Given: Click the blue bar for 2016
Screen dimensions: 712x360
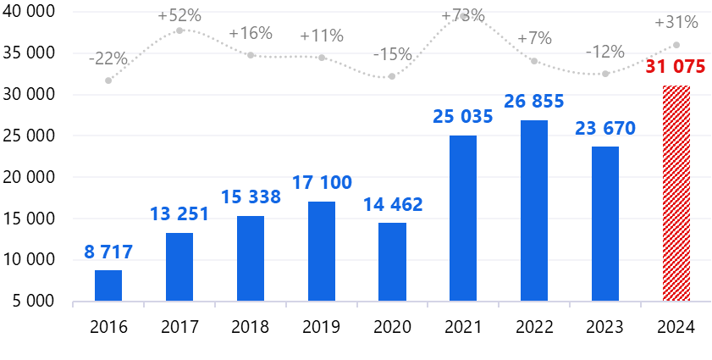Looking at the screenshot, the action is point(108,285).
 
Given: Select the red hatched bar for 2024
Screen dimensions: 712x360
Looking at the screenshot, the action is point(676,193).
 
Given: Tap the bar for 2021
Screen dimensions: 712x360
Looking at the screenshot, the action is point(463,219).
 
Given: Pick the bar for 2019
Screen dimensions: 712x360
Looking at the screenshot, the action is point(322,252).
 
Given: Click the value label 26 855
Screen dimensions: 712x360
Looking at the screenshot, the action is point(534,101).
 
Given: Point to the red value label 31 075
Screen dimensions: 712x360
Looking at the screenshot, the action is point(676,67).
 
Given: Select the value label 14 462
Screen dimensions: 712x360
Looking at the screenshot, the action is point(393,204).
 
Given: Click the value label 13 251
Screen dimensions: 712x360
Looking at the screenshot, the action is point(179,214).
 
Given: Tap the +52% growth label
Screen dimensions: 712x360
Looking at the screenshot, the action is point(179,16).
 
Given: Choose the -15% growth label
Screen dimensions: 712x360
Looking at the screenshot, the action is point(393,55).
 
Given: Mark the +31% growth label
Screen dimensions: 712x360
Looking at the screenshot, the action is point(676,22).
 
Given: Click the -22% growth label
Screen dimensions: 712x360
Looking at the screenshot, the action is point(108,58).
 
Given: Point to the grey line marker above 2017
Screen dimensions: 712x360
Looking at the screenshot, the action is point(179,30).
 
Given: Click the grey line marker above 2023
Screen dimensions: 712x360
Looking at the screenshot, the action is point(605,74).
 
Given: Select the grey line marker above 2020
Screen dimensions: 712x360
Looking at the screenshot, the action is point(392,76).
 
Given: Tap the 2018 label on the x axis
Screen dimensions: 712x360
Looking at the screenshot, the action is point(251,327).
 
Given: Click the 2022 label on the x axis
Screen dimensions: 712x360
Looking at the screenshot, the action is point(534,327).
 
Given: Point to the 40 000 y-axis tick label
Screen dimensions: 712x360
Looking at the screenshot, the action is point(29,12).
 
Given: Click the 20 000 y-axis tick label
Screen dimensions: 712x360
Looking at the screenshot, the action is point(29,177).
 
